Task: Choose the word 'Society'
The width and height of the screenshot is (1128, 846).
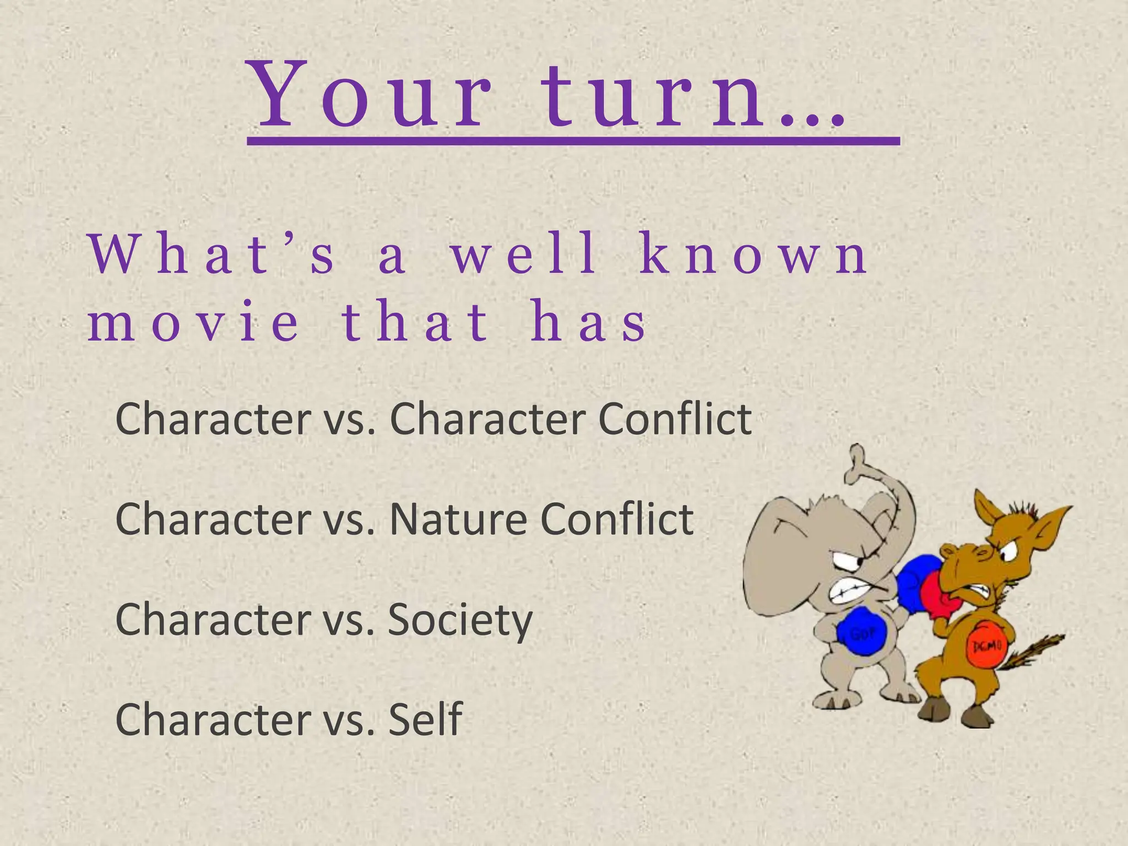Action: [x=460, y=620]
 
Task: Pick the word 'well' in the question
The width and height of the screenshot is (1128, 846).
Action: [x=523, y=257]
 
